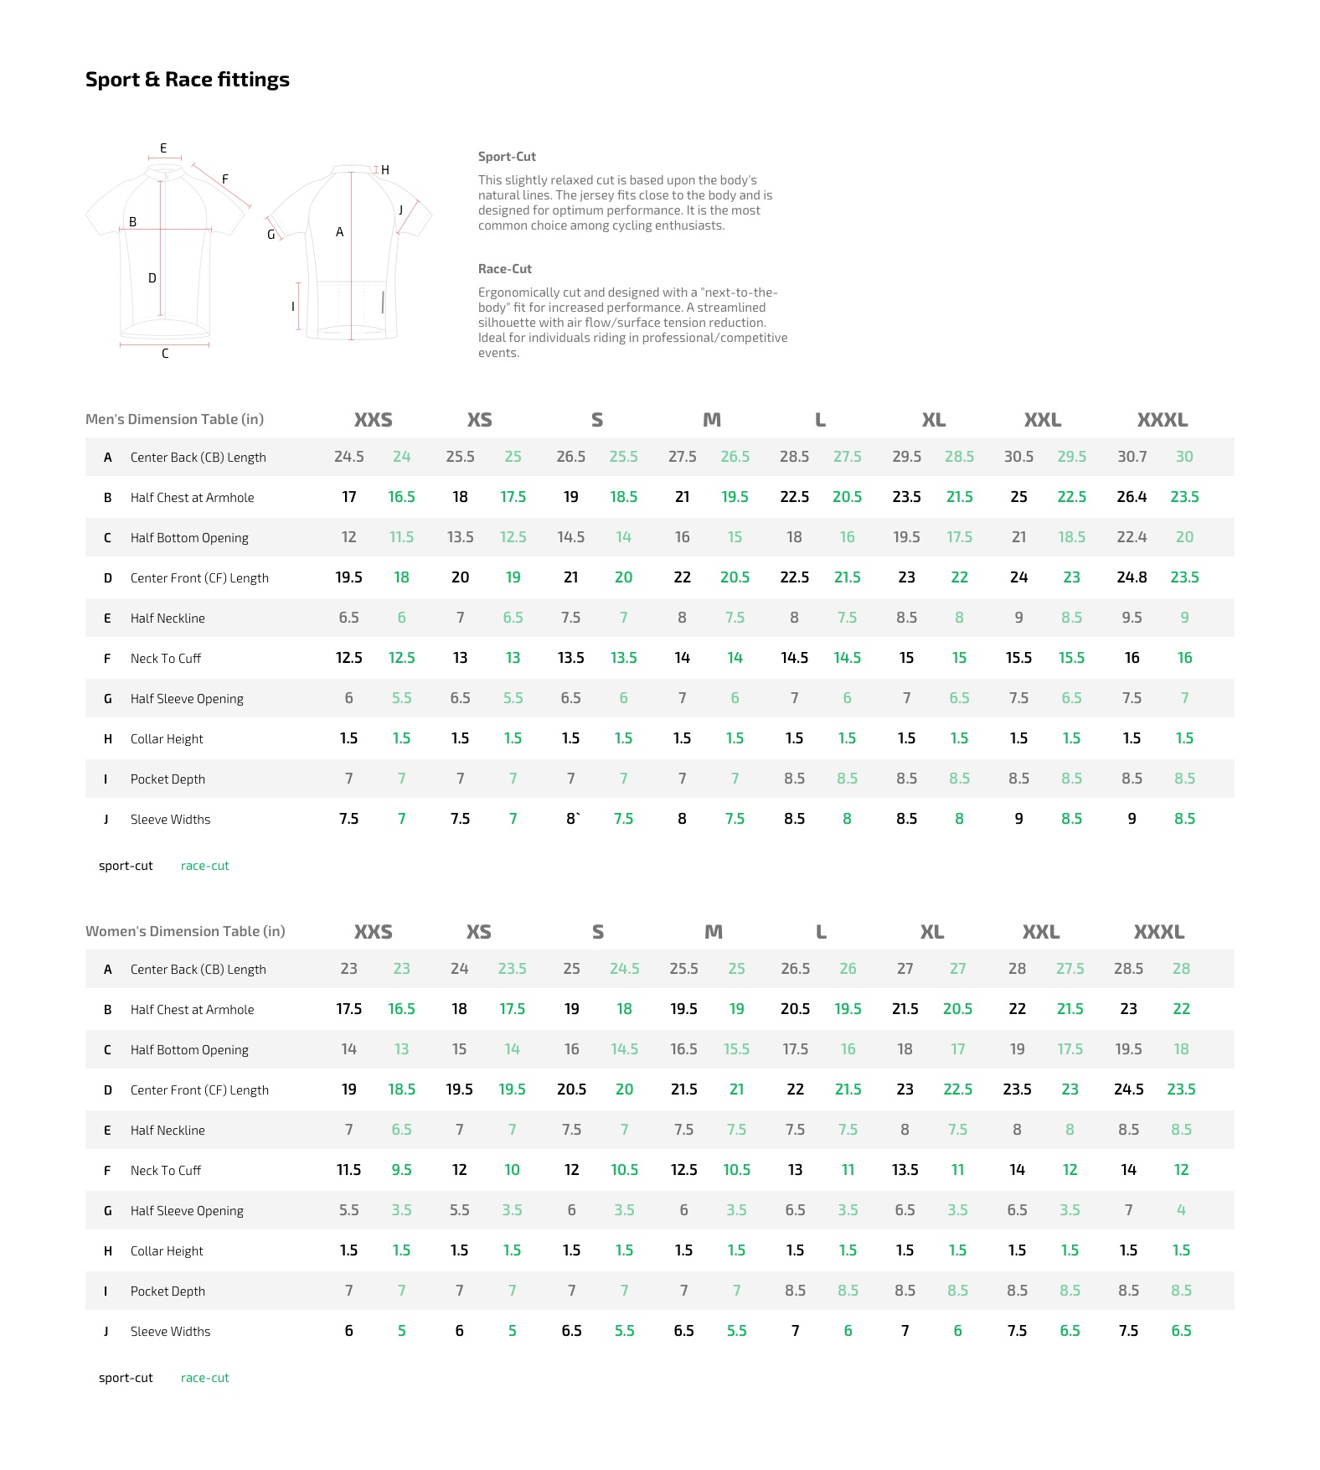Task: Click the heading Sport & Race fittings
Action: [188, 80]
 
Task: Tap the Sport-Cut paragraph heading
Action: [507, 157]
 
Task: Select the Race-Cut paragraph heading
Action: [505, 269]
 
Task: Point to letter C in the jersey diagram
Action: [165, 354]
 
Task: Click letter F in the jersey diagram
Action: [225, 179]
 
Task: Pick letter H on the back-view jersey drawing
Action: [385, 170]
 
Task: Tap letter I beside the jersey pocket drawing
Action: [293, 307]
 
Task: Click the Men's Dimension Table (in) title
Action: [174, 419]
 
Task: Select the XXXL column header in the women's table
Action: [1158, 932]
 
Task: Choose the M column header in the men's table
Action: [712, 420]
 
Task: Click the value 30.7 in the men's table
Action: [1132, 457]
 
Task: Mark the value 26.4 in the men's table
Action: [1132, 497]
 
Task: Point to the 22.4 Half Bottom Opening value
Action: [1132, 537]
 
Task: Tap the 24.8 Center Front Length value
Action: [1132, 577]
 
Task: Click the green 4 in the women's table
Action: [1181, 1210]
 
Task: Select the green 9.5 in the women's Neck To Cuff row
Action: [401, 1170]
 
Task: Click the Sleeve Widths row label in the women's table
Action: [170, 1332]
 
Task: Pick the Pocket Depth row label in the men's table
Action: [168, 779]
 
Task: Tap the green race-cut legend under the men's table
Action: [204, 866]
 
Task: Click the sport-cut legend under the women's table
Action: [126, 1378]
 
